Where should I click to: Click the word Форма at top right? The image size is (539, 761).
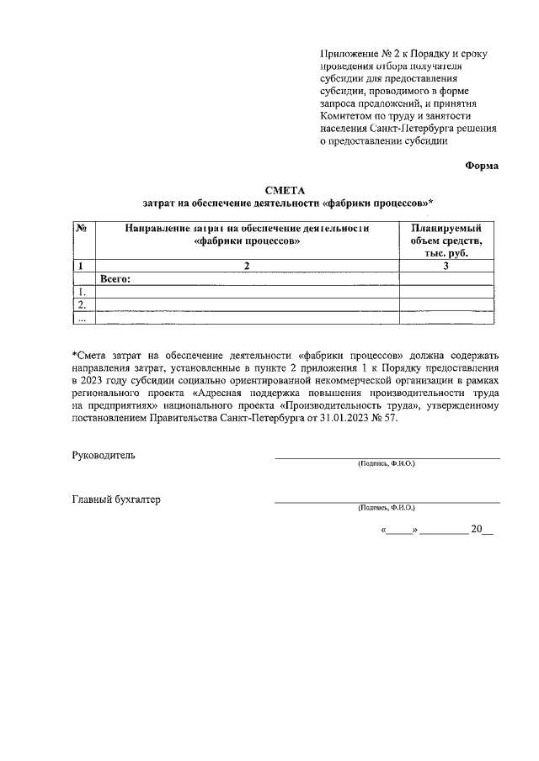pyautogui.click(x=482, y=166)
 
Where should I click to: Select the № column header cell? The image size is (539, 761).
pyautogui.click(x=83, y=228)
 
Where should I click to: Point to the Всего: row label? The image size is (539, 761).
pyautogui.click(x=117, y=278)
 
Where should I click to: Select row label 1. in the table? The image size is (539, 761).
pyautogui.click(x=83, y=292)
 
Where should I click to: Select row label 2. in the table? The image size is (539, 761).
pyautogui.click(x=83, y=304)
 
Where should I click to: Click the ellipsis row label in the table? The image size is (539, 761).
pyautogui.click(x=83, y=318)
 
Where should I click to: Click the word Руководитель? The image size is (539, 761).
pyautogui.click(x=104, y=455)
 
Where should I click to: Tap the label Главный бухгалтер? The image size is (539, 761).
pyautogui.click(x=116, y=499)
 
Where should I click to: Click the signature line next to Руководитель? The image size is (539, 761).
pyautogui.click(x=387, y=457)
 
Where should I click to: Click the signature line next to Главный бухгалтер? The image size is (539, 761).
pyautogui.click(x=387, y=501)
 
